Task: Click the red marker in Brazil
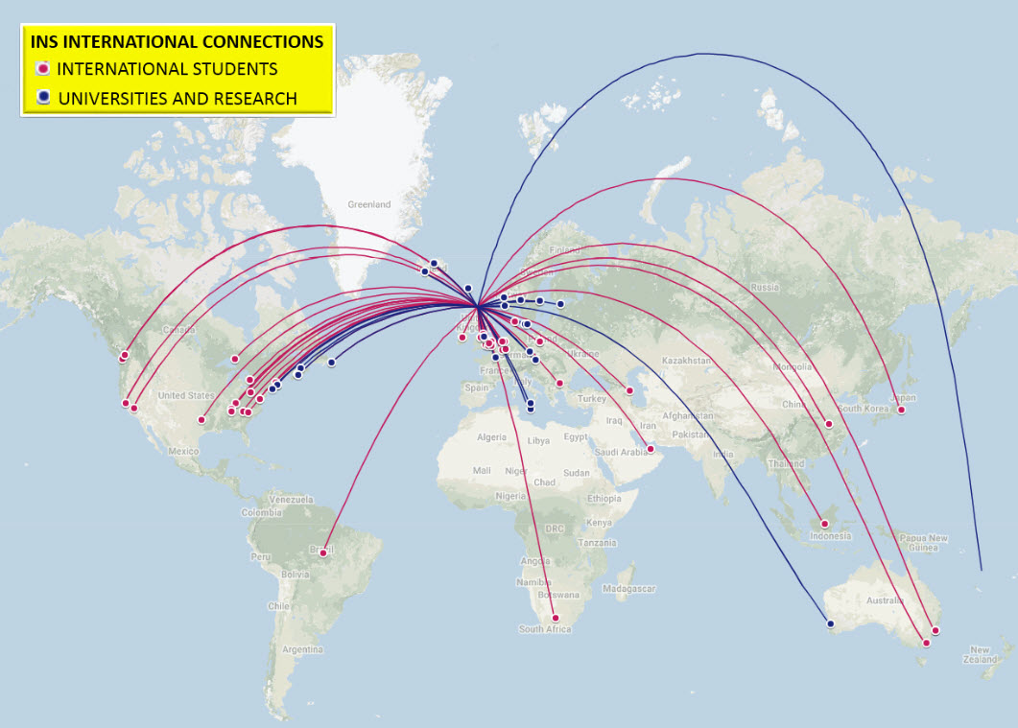point(323,552)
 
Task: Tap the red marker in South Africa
point(555,618)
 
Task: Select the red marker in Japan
point(901,411)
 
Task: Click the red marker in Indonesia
point(824,524)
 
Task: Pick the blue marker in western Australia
point(830,624)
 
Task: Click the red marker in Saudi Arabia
point(650,449)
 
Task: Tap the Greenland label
point(368,204)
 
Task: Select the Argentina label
point(302,649)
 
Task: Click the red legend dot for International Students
point(42,69)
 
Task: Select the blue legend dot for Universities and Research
point(42,98)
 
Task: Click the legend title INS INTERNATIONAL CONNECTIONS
point(177,42)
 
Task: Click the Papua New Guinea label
point(924,543)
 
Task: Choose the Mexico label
point(182,450)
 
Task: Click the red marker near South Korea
point(828,424)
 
